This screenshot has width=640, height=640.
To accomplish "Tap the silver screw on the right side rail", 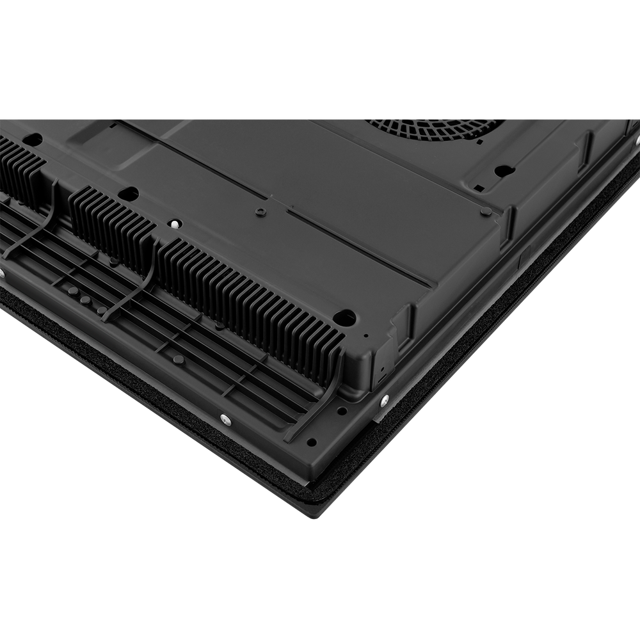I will (x=384, y=401).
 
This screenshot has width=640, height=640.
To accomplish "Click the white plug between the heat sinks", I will (x=174, y=224).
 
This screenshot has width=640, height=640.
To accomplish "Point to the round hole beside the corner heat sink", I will (x=345, y=317).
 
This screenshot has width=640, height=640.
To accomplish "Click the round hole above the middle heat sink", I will (x=129, y=193).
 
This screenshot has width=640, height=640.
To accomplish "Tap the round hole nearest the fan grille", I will (x=504, y=171).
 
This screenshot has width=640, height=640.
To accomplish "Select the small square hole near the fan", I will (x=478, y=188).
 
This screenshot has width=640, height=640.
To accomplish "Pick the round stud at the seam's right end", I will (x=486, y=211).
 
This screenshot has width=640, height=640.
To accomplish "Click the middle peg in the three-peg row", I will (x=85, y=299).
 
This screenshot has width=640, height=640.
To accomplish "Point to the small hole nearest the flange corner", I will (x=311, y=442).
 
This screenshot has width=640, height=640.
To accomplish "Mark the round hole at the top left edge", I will (x=32, y=139).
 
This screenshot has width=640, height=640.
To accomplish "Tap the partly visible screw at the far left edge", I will (x=2, y=273).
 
